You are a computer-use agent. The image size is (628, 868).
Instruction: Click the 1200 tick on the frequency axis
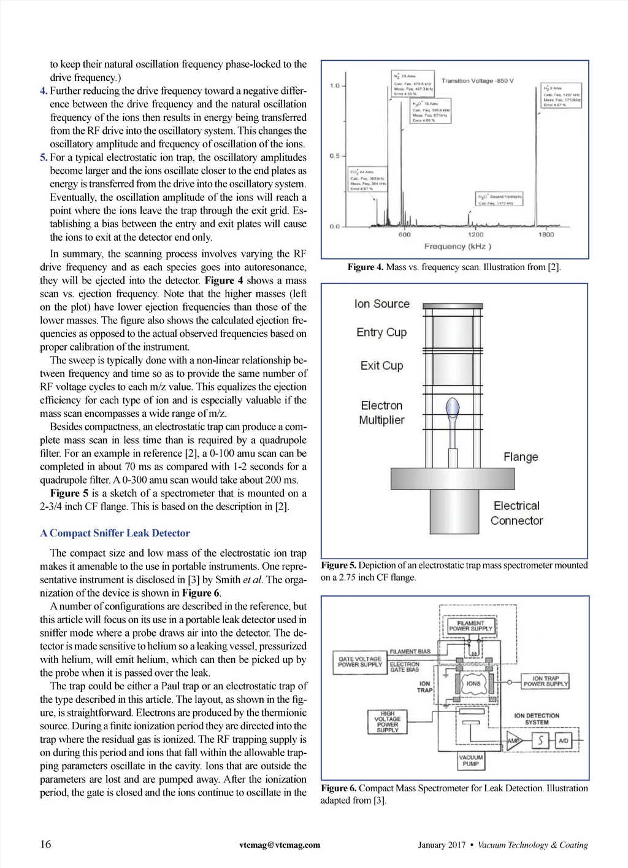click(475, 234)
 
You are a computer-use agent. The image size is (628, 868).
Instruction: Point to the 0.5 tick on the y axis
click(334, 156)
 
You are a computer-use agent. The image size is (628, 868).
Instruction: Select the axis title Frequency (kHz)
click(458, 246)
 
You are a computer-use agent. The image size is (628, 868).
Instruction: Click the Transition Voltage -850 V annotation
click(477, 81)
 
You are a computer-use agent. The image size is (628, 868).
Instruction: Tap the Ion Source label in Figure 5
click(381, 304)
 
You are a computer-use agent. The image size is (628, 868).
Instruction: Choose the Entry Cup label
click(381, 332)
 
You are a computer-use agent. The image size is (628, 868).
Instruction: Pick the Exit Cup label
click(381, 366)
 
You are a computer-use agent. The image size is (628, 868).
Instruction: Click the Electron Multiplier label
click(381, 413)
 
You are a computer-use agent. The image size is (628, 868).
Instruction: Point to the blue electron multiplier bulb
click(453, 406)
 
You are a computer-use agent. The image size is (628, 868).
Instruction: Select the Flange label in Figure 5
click(521, 457)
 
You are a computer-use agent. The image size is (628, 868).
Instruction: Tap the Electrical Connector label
click(516, 513)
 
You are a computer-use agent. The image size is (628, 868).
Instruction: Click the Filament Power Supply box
click(470, 626)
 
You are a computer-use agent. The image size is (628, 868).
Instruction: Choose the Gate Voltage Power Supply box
click(360, 662)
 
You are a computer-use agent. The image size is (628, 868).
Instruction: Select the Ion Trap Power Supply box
click(545, 681)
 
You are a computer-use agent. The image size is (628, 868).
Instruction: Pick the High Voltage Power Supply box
click(388, 722)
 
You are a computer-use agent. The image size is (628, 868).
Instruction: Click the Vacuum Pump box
click(470, 761)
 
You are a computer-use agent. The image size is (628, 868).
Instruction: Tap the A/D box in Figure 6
click(563, 741)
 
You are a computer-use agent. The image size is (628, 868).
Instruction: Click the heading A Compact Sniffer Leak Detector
click(115, 533)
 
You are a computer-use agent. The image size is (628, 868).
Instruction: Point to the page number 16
click(46, 844)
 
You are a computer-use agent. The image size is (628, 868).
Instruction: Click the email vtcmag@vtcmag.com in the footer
click(280, 845)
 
